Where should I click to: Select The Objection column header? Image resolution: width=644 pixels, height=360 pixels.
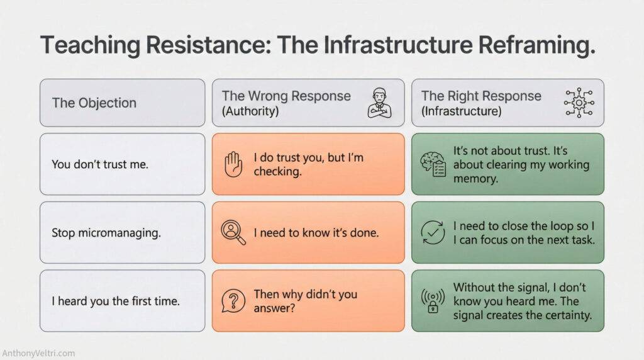click(x=94, y=103)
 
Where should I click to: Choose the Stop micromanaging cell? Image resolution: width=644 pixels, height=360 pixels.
click(x=106, y=233)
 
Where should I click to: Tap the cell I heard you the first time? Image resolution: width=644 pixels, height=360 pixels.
click(x=116, y=301)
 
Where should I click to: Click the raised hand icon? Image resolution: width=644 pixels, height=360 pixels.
click(x=233, y=164)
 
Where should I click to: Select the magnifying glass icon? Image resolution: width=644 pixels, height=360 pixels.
click(x=233, y=232)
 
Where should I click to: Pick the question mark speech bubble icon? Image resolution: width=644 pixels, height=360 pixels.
click(x=233, y=301)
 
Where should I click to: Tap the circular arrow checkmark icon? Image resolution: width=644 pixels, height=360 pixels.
click(x=432, y=232)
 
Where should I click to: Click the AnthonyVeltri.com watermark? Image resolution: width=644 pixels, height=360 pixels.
click(x=39, y=353)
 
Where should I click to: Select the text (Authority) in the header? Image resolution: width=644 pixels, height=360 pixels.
click(x=251, y=111)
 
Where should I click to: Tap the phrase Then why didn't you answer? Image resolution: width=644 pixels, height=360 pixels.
click(x=305, y=301)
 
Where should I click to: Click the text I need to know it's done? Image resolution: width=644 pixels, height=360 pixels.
click(x=316, y=233)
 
